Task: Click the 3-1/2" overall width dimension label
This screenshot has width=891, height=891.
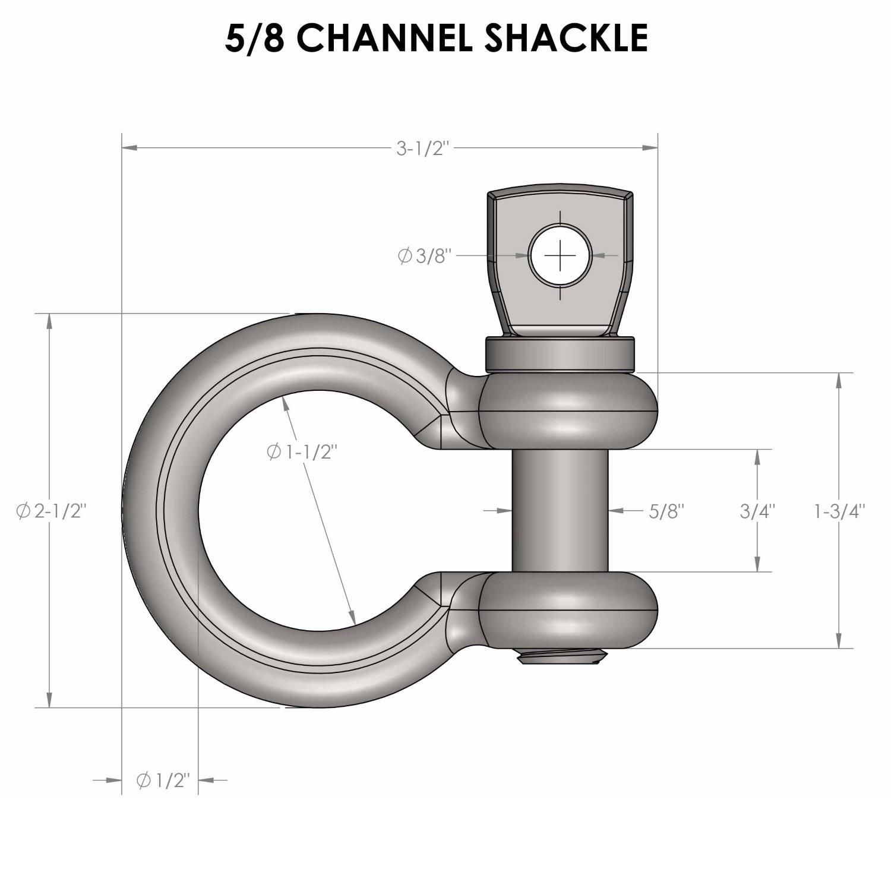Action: pos(421,148)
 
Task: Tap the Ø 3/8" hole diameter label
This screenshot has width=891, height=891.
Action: pos(425,256)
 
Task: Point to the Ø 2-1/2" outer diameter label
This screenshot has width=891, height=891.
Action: pos(52,511)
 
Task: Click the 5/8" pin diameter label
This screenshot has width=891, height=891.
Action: pos(666,511)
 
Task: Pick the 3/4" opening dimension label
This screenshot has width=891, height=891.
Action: pos(757,511)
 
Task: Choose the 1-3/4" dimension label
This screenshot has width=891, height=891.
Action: pos(839,511)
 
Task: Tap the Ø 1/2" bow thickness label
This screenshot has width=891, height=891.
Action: pos(162,781)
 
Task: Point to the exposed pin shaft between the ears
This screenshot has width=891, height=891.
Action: pos(560,511)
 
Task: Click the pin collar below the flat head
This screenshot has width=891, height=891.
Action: pos(560,354)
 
